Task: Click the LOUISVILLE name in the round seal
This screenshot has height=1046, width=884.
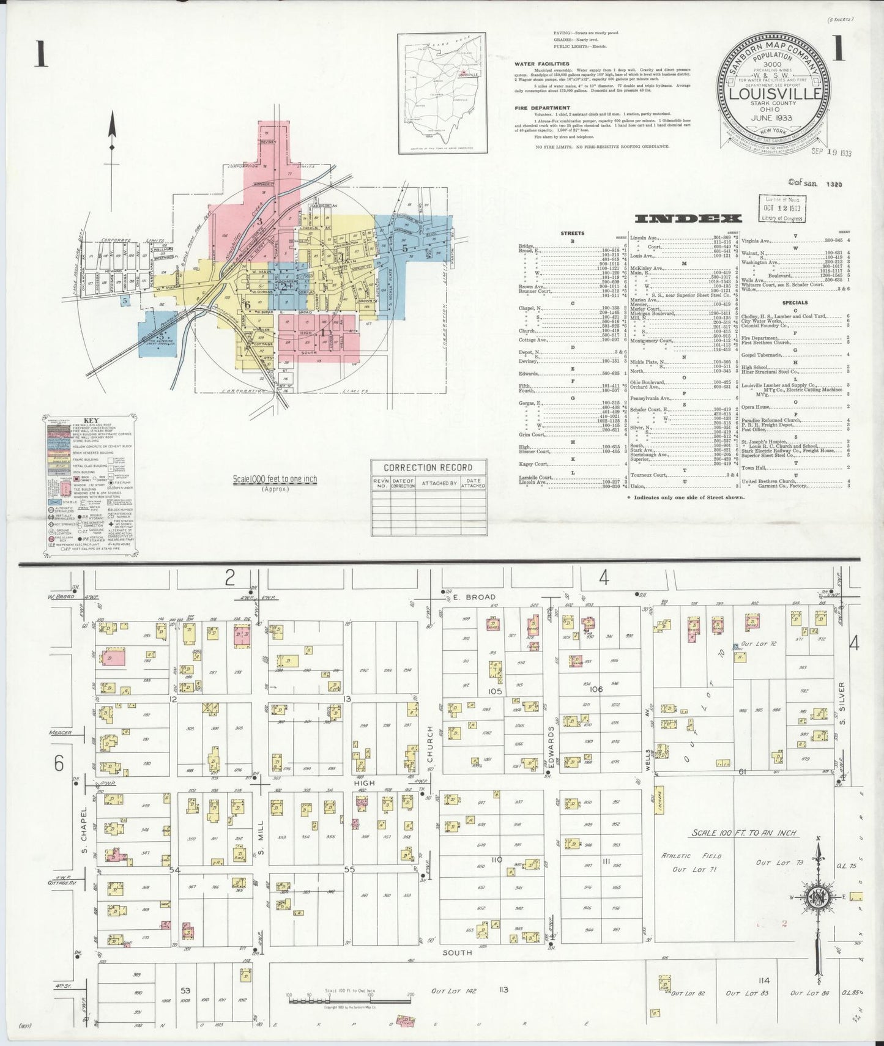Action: coord(774,94)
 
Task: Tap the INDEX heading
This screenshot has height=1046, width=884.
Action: coord(688,218)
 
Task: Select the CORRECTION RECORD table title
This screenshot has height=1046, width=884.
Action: coord(429,468)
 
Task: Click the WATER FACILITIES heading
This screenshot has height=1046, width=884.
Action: coord(541,64)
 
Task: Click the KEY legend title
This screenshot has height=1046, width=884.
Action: coord(91,420)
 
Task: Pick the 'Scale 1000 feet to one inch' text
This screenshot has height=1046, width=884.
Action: coord(275,479)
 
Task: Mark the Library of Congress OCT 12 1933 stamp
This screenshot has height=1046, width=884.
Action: coord(783,209)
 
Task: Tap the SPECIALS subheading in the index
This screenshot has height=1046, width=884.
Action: coord(794,302)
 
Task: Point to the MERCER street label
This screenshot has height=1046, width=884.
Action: coord(61,732)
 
